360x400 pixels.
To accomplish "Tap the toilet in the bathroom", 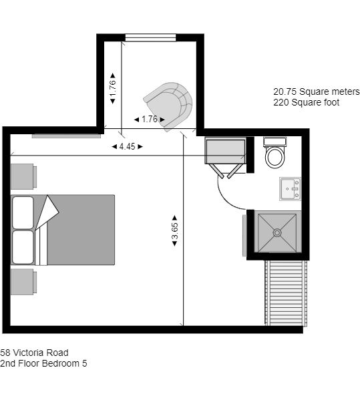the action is click(x=275, y=152).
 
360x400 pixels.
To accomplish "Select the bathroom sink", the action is click(x=291, y=189).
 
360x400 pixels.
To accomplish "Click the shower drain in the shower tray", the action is click(x=277, y=232).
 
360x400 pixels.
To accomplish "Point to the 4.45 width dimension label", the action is click(x=127, y=146).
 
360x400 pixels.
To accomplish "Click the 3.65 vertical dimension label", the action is click(x=175, y=231).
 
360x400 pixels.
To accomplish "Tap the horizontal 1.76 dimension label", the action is click(x=149, y=119).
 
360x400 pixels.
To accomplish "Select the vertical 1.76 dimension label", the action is click(x=112, y=88).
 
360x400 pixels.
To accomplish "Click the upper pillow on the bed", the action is click(x=23, y=213).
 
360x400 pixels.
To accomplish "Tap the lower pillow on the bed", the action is click(x=23, y=247).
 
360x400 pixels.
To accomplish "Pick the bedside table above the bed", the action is click(x=23, y=176).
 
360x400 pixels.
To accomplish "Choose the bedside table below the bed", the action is click(x=23, y=282).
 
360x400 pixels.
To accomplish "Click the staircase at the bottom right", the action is click(x=286, y=293).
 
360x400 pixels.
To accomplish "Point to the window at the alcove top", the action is click(x=150, y=37).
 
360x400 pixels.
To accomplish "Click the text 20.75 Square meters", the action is click(x=317, y=91).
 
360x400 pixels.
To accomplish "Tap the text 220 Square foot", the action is click(x=306, y=102).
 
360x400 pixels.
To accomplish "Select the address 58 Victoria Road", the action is click(x=34, y=353).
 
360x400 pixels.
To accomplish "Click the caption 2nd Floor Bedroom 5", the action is click(x=43, y=363).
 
